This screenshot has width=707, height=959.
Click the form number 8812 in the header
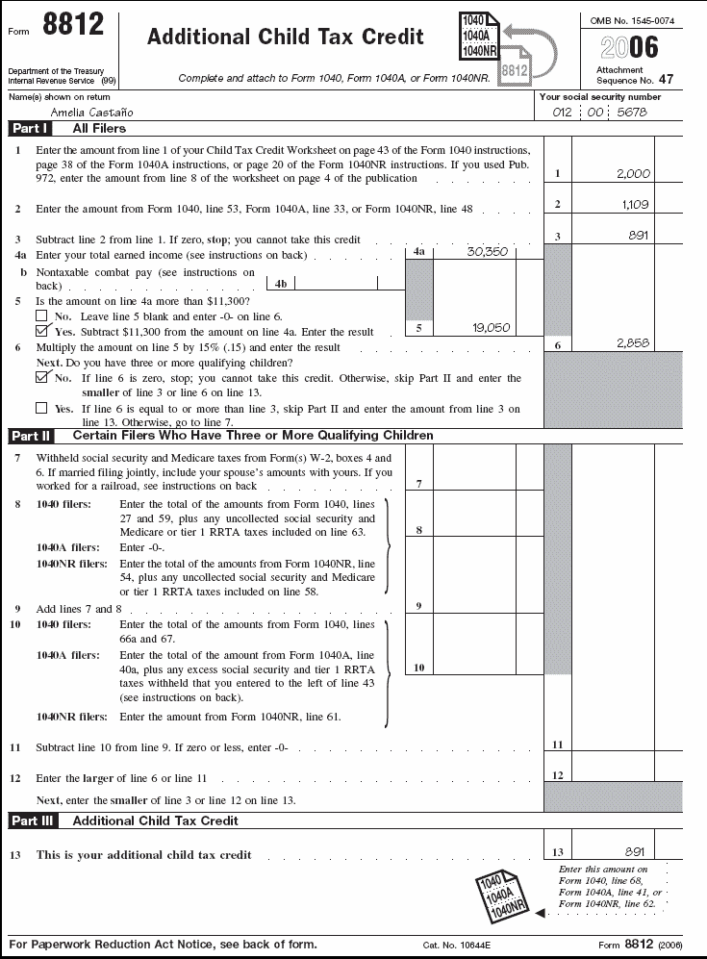(x=73, y=27)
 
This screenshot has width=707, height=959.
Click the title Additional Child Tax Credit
(x=285, y=38)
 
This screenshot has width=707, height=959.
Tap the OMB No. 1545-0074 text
(x=632, y=19)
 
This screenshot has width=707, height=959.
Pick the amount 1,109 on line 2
(x=635, y=205)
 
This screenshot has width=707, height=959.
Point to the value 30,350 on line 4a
(x=488, y=252)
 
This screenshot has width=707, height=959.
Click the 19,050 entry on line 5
(x=490, y=328)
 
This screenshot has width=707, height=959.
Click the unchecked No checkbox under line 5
(x=41, y=315)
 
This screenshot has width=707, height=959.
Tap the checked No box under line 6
(x=41, y=378)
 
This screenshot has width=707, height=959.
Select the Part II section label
(x=32, y=436)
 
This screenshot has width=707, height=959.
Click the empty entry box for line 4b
(x=336, y=284)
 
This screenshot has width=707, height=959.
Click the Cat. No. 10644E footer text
(x=457, y=946)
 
